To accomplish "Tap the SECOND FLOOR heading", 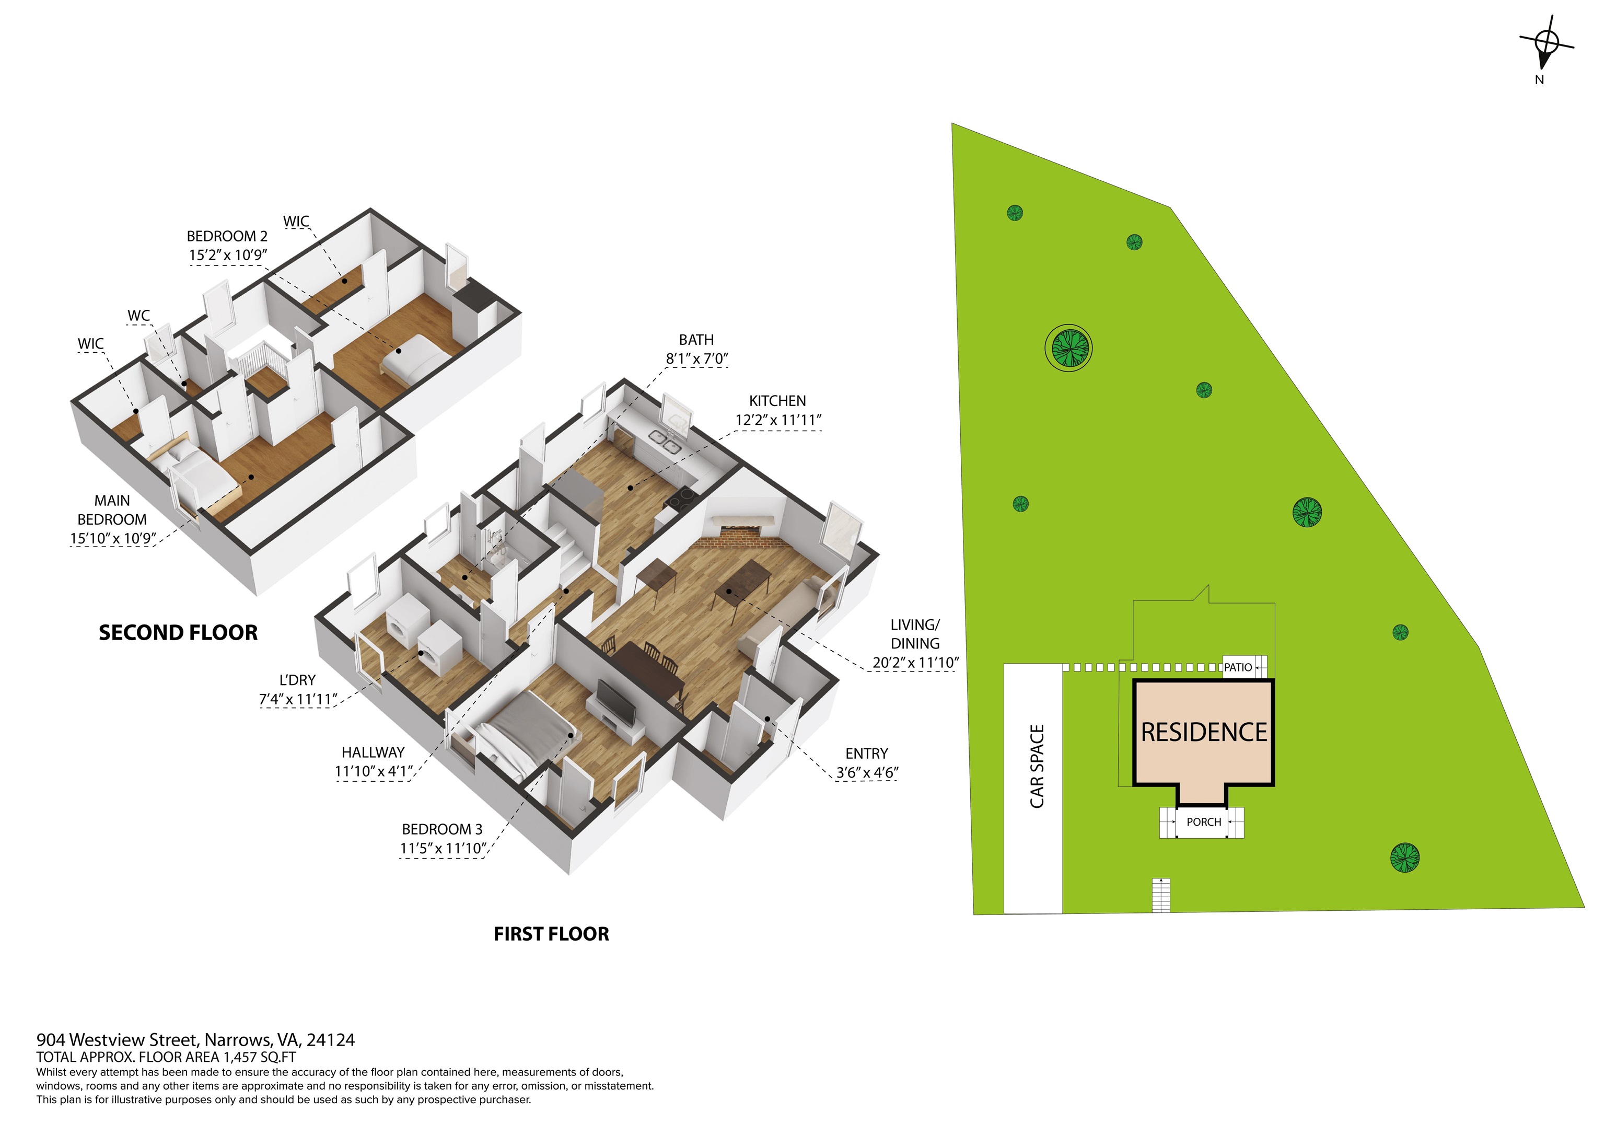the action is coord(178,633).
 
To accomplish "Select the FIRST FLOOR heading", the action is coord(552,934).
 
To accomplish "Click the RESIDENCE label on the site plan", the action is coord(1204,732).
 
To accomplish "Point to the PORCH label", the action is coord(1204,821).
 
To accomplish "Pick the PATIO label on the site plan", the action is coord(1238,667).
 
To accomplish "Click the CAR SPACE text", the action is coord(1038,767).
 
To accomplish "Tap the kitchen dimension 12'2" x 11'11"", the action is coord(778,420).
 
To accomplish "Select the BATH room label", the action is coord(696,340).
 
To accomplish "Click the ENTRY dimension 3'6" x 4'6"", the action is coord(867,773).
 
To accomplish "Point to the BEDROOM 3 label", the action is coord(442,829).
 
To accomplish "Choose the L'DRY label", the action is coord(297,680).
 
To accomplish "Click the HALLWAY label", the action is coord(373,752).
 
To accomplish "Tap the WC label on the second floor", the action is coord(138,316).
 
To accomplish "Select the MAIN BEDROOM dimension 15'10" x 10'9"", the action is coord(112,538).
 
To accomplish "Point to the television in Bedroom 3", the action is coord(616,701).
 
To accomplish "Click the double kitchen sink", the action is coord(665,442).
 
